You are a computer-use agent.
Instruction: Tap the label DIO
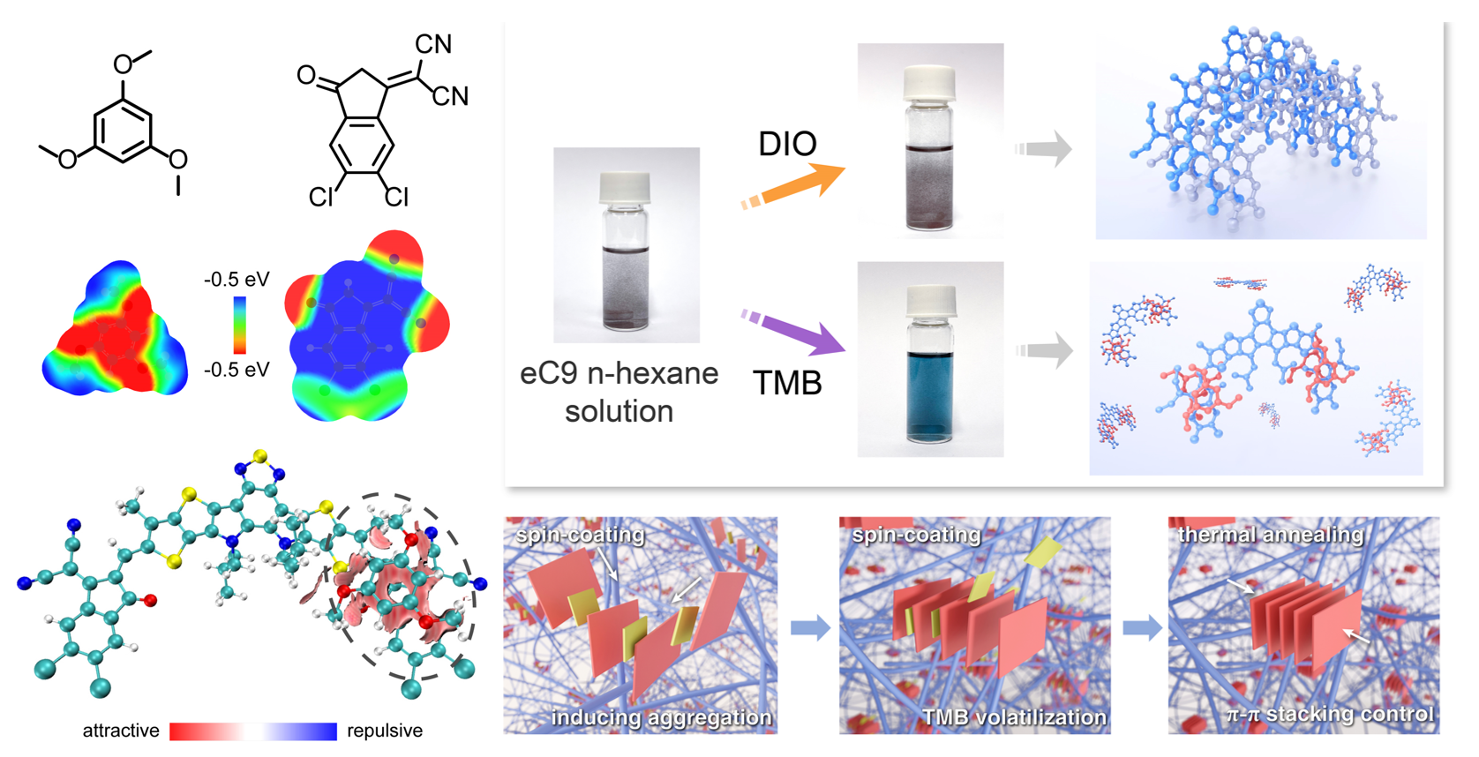tap(787, 144)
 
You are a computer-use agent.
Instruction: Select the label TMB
tap(787, 383)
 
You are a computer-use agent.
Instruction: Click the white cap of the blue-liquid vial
tap(929, 302)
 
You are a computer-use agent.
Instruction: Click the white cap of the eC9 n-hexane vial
tap(625, 188)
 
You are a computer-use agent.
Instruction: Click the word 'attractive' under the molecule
tap(121, 731)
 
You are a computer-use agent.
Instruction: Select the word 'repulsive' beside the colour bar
tap(385, 731)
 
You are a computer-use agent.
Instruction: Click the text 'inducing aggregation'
tap(661, 718)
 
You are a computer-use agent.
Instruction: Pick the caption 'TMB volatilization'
tap(1014, 718)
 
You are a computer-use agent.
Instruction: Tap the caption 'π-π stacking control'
tap(1330, 714)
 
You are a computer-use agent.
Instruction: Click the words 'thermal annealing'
tap(1271, 535)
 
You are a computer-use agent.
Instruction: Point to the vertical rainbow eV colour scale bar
tap(239, 325)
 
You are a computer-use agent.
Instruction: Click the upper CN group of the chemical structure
tap(433, 44)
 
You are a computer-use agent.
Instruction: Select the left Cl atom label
tap(320, 197)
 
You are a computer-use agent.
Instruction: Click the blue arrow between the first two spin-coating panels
tap(810, 628)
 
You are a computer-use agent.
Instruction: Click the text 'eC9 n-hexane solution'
tap(619, 392)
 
